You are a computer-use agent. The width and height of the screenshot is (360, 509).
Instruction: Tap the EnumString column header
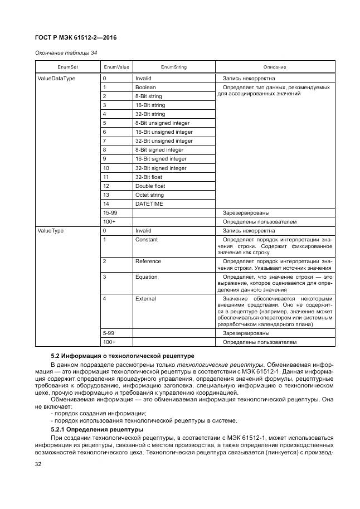[173, 67]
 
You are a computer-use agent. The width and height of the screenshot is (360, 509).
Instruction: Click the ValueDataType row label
[56, 79]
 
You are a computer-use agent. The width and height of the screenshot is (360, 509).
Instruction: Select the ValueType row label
[50, 231]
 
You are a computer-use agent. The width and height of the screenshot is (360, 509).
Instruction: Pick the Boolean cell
[145, 88]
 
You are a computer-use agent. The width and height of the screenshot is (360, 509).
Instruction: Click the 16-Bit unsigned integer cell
[164, 132]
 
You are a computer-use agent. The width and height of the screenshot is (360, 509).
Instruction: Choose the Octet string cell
[150, 195]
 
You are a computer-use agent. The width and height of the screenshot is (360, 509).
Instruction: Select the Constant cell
[147, 240]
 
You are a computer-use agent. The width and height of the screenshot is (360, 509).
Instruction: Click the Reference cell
[148, 261]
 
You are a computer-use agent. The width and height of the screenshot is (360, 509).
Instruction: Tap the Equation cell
[147, 277]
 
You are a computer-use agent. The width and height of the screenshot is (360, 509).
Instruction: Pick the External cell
[146, 299]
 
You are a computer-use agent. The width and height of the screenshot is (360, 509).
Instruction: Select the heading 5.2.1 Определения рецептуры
[97, 429]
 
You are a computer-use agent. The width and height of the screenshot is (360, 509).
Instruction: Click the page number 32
[39, 464]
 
